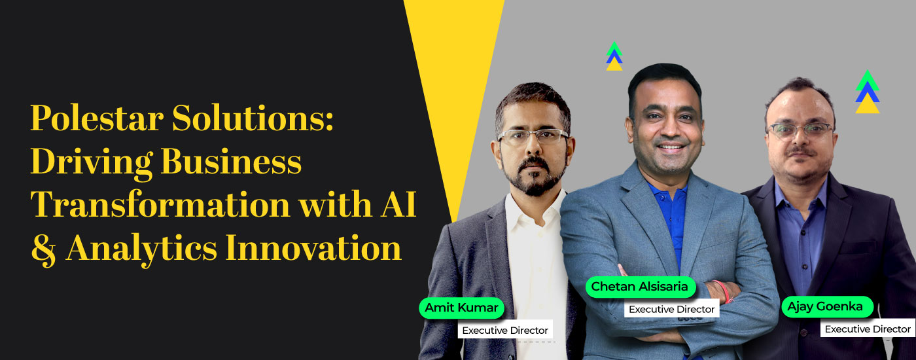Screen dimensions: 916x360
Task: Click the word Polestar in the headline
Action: click(97, 118)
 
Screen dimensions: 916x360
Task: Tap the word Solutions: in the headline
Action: click(253, 118)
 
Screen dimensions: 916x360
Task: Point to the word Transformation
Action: click(160, 204)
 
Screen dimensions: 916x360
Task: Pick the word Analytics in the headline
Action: click(141, 249)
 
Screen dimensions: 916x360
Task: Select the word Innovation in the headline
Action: click(313, 248)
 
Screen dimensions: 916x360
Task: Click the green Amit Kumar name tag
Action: click(462, 308)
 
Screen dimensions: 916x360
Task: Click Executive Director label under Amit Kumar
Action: click(505, 330)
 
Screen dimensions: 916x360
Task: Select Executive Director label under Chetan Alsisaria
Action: click(671, 309)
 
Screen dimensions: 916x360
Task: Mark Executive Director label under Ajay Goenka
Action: click(868, 329)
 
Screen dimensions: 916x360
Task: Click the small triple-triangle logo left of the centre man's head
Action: click(614, 56)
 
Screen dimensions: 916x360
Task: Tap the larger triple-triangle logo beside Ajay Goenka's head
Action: click(868, 92)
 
